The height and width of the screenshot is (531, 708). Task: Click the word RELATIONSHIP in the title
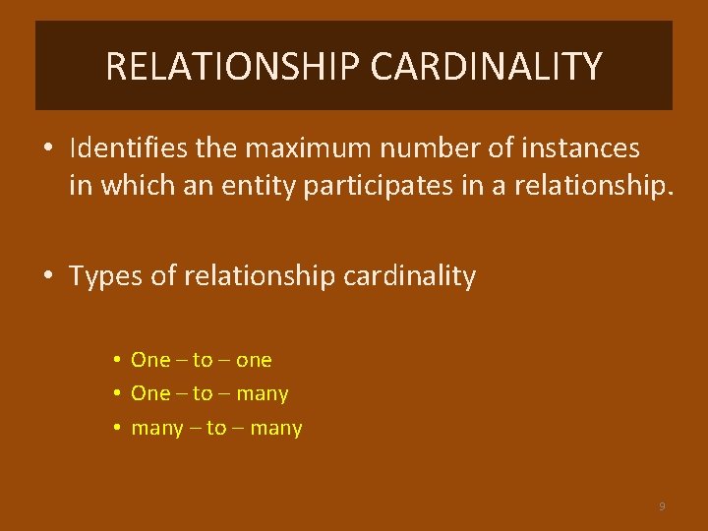233,67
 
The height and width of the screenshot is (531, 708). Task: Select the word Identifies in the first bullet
124,149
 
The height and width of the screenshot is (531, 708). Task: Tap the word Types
102,277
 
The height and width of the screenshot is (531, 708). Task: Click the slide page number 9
662,506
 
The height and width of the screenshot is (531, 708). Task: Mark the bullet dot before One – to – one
116,360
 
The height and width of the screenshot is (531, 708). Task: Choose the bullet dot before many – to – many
116,428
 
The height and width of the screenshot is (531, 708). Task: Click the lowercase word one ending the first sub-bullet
254,360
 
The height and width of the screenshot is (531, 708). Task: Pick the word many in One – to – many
263,394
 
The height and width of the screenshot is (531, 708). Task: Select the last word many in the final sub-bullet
276,429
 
